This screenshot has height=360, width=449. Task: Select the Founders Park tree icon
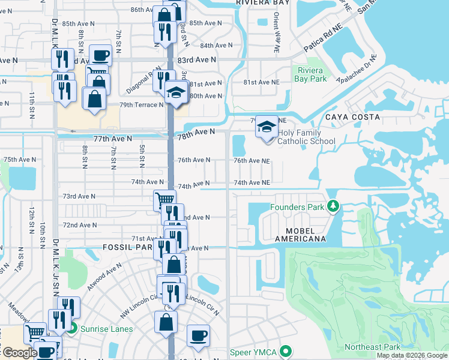[x=333, y=207]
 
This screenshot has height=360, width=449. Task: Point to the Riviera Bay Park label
[x=310, y=74]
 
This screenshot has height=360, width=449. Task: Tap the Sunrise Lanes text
[x=106, y=329]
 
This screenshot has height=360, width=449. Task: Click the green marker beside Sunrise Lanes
[x=72, y=328]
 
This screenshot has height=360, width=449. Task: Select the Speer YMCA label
[x=255, y=352]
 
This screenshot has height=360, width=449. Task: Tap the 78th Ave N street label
[x=196, y=133]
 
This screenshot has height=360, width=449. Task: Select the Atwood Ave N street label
[x=103, y=280]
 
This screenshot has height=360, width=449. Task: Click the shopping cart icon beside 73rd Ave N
[x=164, y=200]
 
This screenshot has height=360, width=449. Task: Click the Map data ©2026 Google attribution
[x=412, y=355]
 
